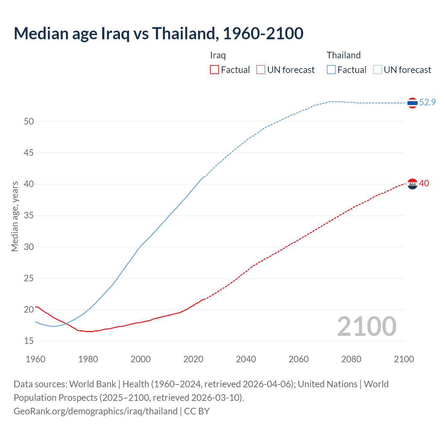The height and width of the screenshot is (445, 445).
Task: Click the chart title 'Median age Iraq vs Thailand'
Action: (158, 33)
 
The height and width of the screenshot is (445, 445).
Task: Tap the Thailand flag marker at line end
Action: (412, 103)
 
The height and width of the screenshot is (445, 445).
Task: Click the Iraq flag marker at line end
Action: (412, 184)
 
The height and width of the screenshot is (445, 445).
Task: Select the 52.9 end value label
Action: (427, 102)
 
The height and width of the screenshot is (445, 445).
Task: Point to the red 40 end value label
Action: (424, 183)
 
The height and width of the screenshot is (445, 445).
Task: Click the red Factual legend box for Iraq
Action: (215, 70)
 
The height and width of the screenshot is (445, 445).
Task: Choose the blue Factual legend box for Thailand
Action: (331, 70)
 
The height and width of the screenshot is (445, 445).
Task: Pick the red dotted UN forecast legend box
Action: (261, 70)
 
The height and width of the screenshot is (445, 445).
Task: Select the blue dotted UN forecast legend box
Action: (378, 70)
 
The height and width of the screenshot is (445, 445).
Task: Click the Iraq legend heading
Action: (218, 55)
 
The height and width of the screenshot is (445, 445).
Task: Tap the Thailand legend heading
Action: (343, 55)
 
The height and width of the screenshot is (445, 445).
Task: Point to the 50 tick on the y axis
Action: (29, 121)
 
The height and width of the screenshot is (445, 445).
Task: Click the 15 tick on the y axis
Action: (29, 341)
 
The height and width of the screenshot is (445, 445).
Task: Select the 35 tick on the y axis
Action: (29, 216)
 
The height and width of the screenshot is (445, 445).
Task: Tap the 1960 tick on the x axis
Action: (35, 359)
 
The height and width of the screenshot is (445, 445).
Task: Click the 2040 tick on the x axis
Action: (246, 359)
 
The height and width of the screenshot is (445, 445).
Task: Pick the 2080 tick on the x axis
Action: (351, 359)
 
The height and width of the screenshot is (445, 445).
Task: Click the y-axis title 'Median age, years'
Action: (15, 216)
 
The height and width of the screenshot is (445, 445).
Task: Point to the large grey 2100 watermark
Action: (366, 326)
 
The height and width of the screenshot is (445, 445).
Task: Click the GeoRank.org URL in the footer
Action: (96, 411)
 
